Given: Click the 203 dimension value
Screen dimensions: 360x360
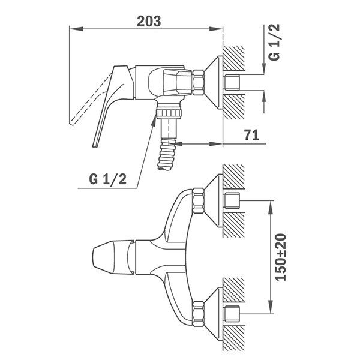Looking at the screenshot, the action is (x=149, y=22).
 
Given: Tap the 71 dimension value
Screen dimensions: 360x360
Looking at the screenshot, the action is (x=251, y=135).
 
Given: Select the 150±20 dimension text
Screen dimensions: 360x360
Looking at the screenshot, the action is (x=281, y=257).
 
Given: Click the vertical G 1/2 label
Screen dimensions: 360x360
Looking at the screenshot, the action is (x=274, y=42).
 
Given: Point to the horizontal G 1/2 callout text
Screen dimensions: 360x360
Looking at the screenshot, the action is (x=107, y=179).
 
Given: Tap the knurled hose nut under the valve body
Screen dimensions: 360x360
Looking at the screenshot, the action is (x=169, y=113).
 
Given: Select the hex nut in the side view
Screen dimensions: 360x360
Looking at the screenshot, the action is (x=198, y=82).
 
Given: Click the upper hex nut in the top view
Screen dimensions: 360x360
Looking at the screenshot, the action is (x=199, y=200).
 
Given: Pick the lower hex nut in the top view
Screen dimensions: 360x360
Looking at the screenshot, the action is (x=199, y=314).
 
